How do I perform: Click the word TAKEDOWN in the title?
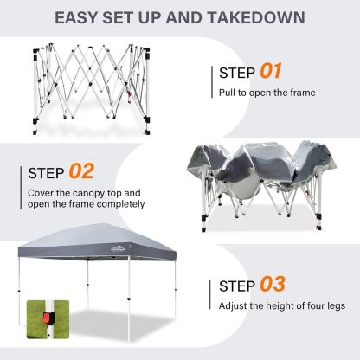click(256, 18)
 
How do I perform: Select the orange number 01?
click(270, 71)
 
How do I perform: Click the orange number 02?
click(81, 171)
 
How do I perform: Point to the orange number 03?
click(273, 284)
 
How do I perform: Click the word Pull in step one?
click(227, 93)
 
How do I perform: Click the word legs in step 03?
click(336, 306)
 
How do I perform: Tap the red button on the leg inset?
click(48, 318)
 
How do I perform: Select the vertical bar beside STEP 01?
click(212, 82)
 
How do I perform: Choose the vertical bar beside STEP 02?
click(21, 188)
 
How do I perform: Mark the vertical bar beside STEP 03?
click(210, 295)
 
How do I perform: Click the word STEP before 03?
click(237, 286)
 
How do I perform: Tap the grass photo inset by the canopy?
click(48, 319)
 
